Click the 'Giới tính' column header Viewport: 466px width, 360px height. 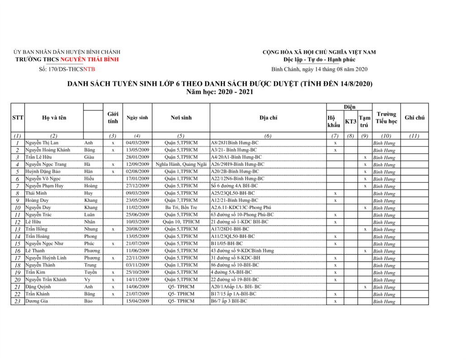(113, 118)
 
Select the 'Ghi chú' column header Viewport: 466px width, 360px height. (414, 118)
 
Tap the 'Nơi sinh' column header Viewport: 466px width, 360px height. (181, 118)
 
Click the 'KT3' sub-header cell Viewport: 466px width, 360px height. (351, 122)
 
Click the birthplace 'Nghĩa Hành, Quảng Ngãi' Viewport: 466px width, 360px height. (181, 165)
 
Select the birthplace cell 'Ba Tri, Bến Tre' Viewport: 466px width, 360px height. (181, 208)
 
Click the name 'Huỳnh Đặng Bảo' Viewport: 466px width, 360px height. (42, 172)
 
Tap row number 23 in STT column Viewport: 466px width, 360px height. (17, 301)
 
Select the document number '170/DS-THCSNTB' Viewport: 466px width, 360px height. (67, 69)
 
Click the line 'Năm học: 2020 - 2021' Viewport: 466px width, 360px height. (220, 92)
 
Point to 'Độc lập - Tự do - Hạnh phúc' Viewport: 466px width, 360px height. (319, 60)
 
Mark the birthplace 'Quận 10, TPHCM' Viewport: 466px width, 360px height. (181, 222)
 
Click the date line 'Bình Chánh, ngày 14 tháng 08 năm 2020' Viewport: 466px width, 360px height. (319, 69)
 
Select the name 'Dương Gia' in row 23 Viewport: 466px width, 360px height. (37, 301)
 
